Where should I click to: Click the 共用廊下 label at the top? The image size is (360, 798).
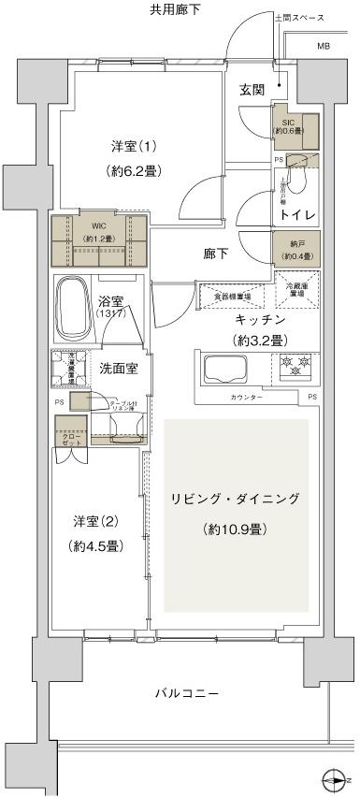tap(175, 9)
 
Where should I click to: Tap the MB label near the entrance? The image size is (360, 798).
tap(323, 46)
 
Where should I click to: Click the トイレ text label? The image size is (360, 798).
tap(296, 215)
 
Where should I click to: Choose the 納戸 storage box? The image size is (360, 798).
tap(295, 250)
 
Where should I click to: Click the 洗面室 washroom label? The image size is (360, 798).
tap(119, 367)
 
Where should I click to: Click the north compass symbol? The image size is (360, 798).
tap(333, 778)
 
